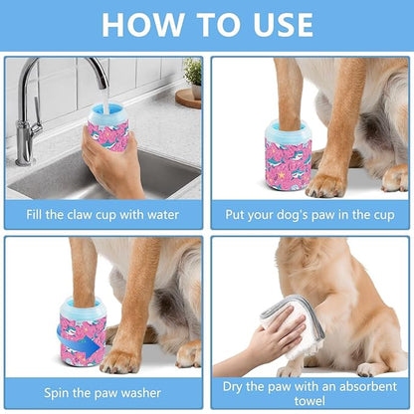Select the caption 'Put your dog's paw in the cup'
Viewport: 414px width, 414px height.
[310, 212]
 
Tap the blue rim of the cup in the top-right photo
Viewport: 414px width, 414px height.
[287, 126]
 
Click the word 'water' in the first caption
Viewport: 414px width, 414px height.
[169, 212]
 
